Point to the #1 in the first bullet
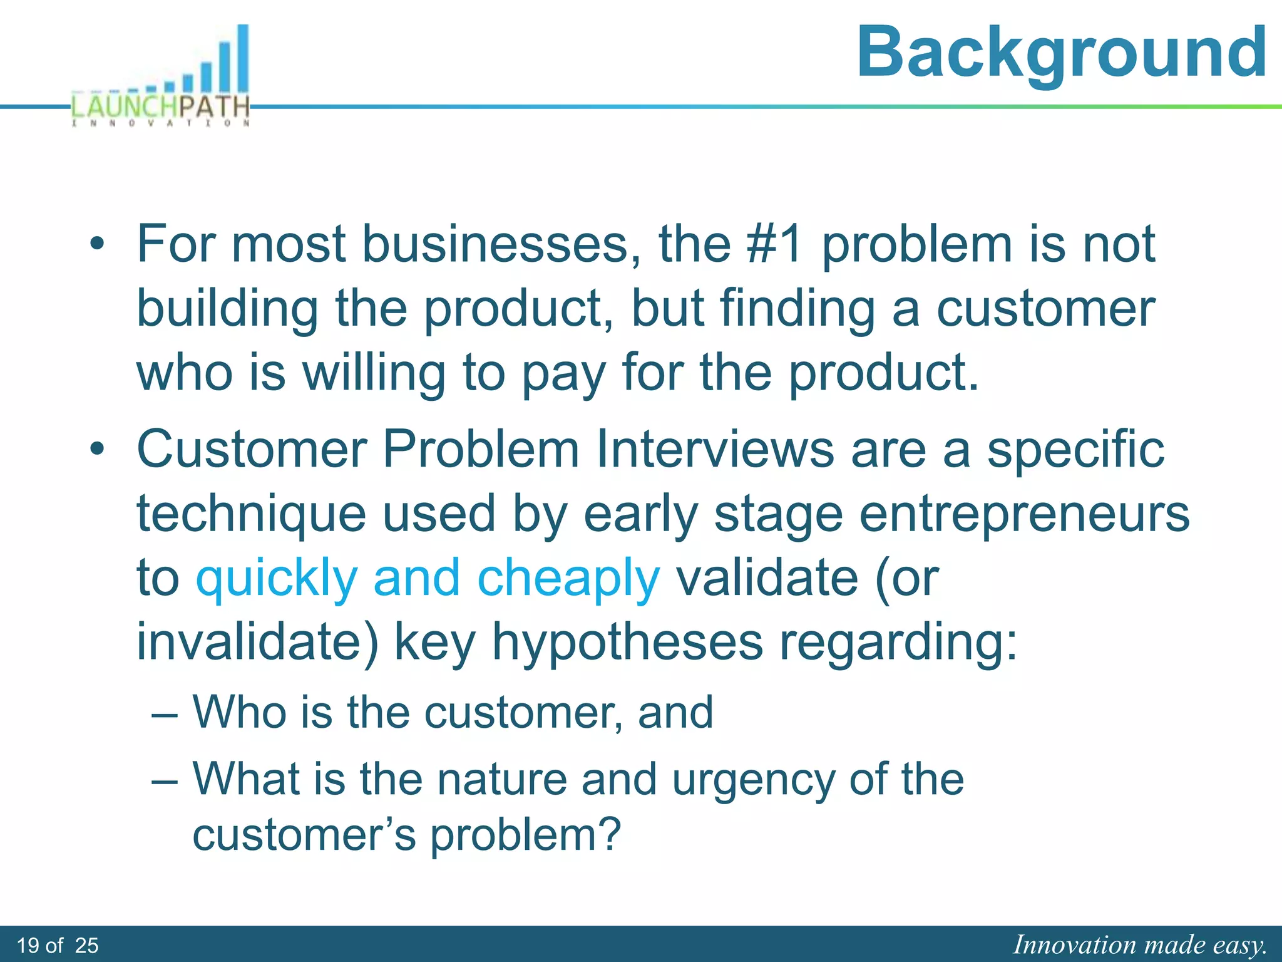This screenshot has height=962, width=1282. click(x=775, y=244)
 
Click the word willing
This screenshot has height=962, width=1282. click(x=374, y=373)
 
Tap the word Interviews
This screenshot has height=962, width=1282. click(x=715, y=450)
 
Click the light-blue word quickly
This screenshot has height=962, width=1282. click(x=277, y=579)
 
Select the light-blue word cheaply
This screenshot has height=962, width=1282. click(x=568, y=579)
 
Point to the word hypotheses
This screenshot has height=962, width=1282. click(x=627, y=643)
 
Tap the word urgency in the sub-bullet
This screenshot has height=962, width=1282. click(x=753, y=781)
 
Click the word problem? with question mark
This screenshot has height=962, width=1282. click(x=525, y=836)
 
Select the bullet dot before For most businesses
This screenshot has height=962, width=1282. click(x=97, y=245)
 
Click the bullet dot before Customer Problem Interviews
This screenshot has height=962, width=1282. click(x=97, y=450)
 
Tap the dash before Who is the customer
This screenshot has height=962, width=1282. click(x=165, y=714)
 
